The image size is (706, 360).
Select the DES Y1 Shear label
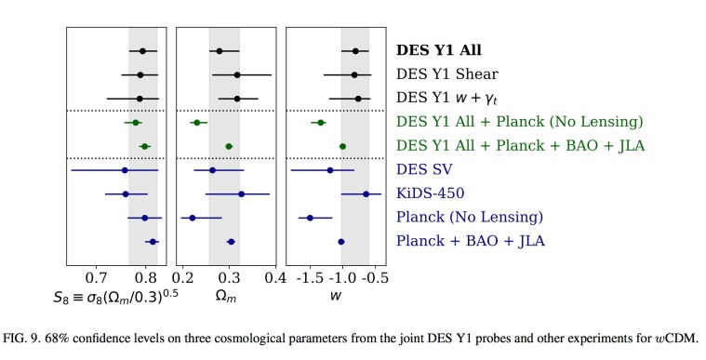[446, 73]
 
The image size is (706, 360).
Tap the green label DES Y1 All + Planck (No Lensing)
[519, 122]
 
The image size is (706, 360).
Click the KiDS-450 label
[430, 193]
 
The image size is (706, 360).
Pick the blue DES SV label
[426, 170]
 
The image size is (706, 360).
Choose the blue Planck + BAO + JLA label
[470, 241]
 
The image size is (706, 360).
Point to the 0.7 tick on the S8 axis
[96, 277]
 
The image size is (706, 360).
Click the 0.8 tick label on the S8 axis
[145, 277]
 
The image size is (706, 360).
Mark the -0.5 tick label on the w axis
[374, 277]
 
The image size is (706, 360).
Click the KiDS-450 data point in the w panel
[366, 193]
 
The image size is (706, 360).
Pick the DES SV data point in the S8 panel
[125, 170]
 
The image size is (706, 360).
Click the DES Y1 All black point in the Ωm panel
[220, 51]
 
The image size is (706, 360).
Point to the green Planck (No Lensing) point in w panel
[320, 122]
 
